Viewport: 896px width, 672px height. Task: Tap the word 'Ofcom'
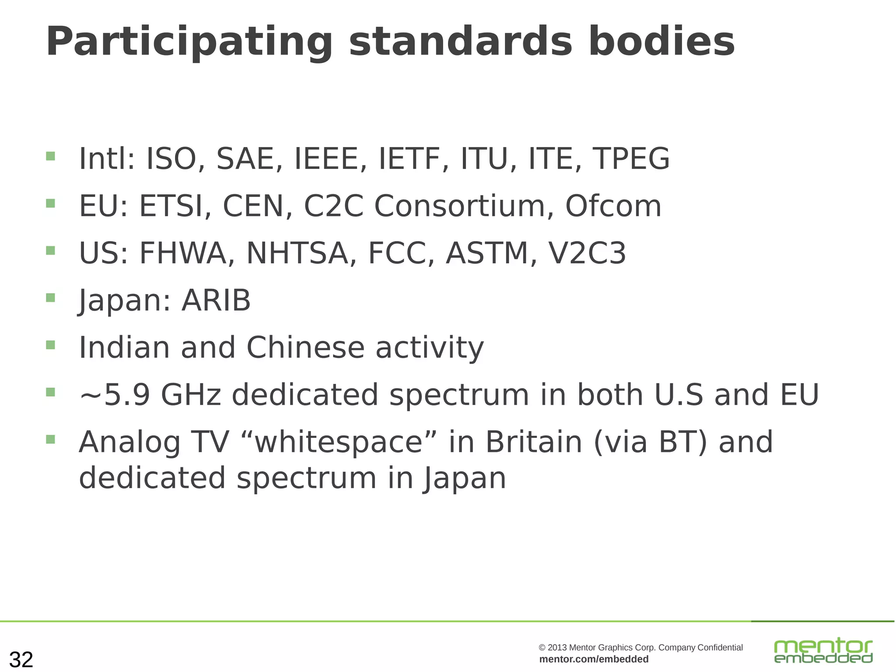click(613, 206)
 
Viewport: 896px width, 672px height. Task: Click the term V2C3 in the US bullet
click(587, 253)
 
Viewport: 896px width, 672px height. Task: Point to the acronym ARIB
click(216, 301)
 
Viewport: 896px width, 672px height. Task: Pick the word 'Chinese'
click(305, 348)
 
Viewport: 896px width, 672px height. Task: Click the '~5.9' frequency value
click(115, 395)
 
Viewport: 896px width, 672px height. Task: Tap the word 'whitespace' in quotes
click(338, 442)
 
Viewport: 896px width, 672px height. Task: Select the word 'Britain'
click(534, 442)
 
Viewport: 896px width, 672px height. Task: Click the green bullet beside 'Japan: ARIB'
click(51, 298)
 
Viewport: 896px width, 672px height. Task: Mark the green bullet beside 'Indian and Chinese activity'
click(51, 345)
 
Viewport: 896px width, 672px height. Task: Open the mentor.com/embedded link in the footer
click(594, 659)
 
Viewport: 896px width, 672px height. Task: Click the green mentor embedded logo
click(823, 651)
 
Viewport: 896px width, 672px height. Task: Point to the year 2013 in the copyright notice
click(557, 648)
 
